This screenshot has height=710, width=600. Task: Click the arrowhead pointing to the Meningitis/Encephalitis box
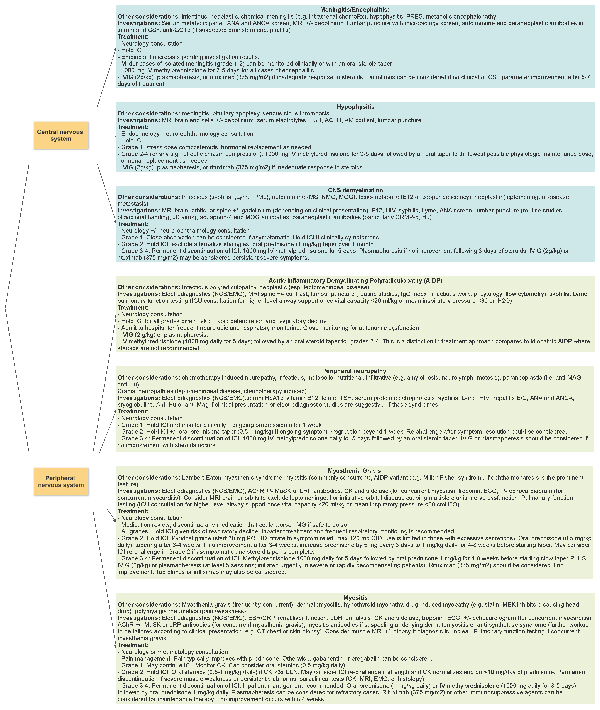point(115,49)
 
